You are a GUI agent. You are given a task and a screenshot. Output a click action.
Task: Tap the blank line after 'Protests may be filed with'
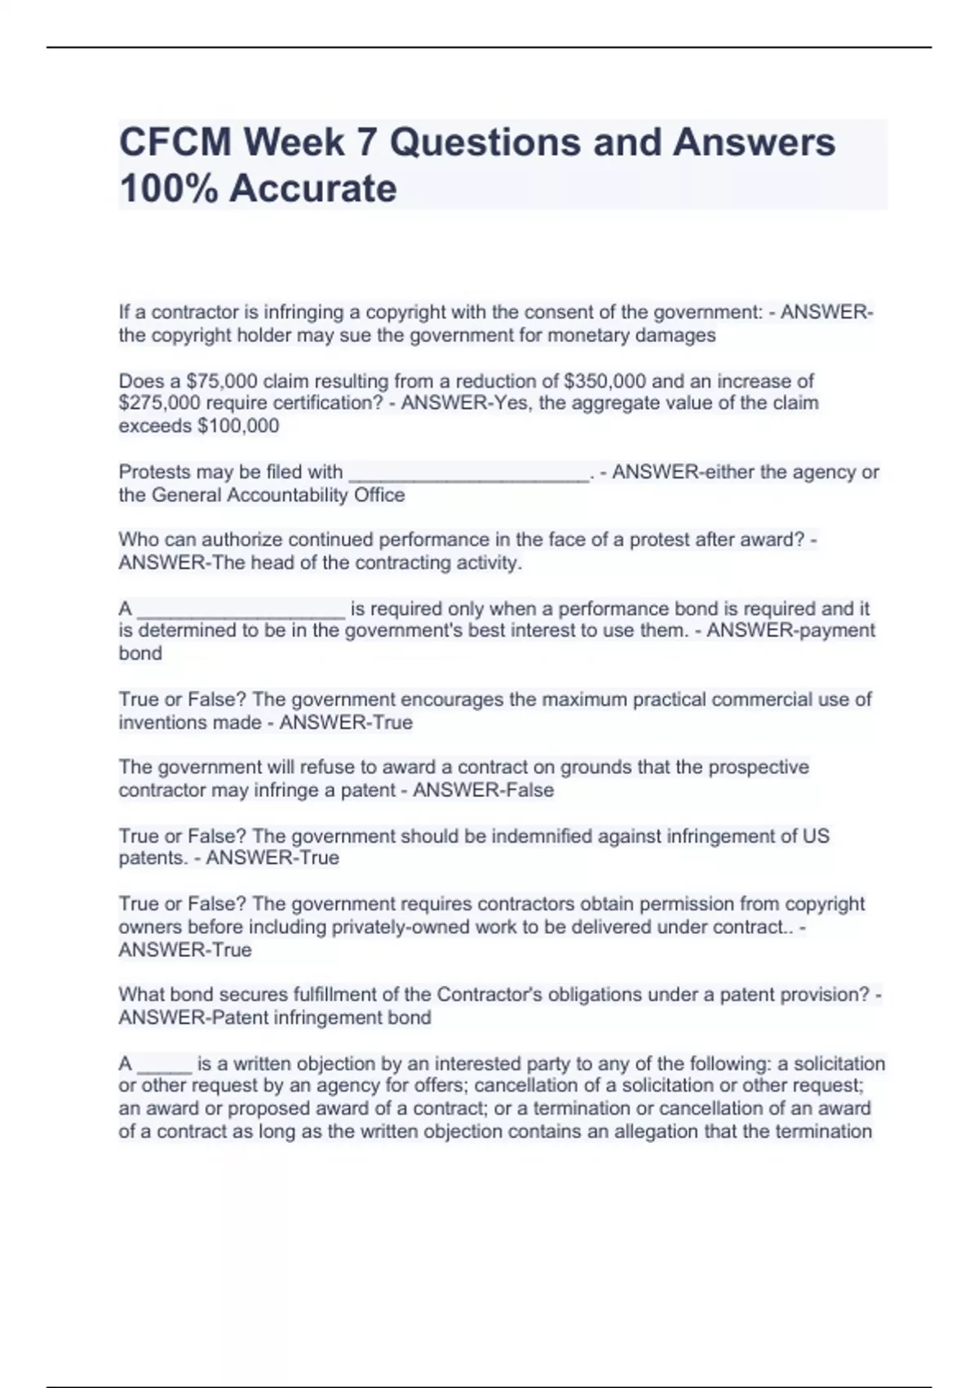point(468,474)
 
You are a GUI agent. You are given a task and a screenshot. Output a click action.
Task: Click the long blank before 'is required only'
point(241,610)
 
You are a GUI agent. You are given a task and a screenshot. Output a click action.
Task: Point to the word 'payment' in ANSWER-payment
point(833,630)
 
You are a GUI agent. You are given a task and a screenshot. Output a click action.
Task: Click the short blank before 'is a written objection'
point(165,1065)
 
